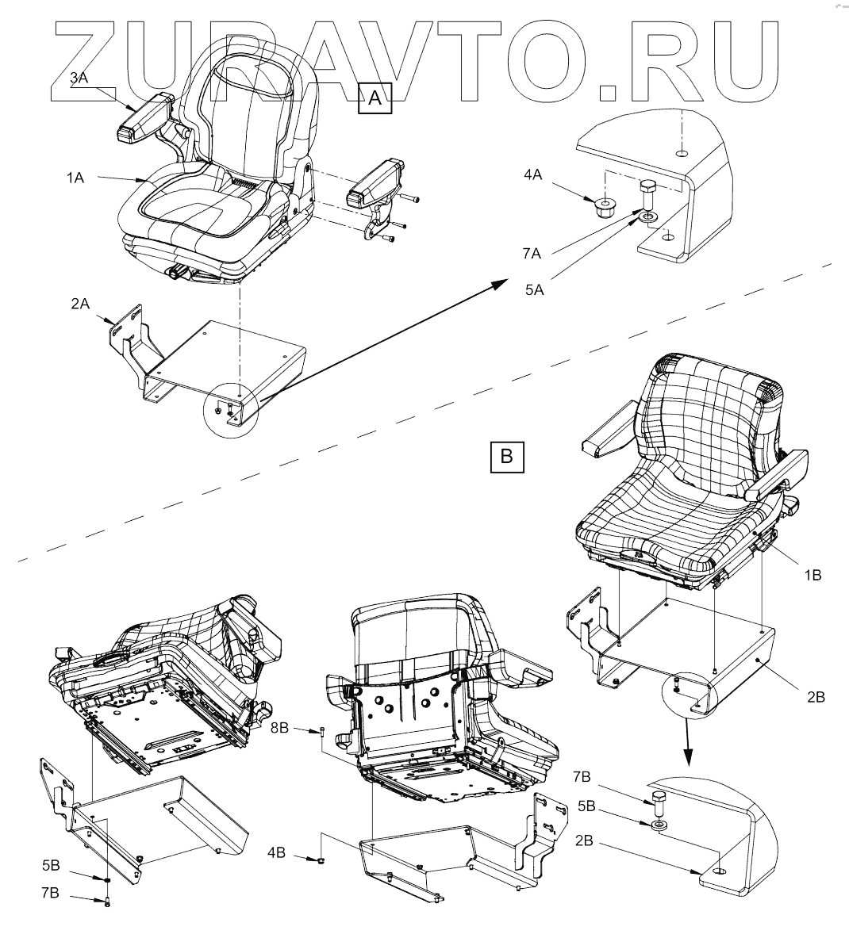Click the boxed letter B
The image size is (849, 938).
(x=507, y=457)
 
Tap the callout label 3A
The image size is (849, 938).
(x=80, y=78)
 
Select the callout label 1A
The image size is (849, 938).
(x=75, y=179)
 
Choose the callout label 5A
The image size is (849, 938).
(x=534, y=290)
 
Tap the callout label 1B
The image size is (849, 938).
(x=810, y=576)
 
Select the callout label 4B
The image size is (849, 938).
(x=277, y=854)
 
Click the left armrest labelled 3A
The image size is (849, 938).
(x=145, y=117)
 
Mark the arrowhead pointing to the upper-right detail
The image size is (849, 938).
(x=501, y=281)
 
